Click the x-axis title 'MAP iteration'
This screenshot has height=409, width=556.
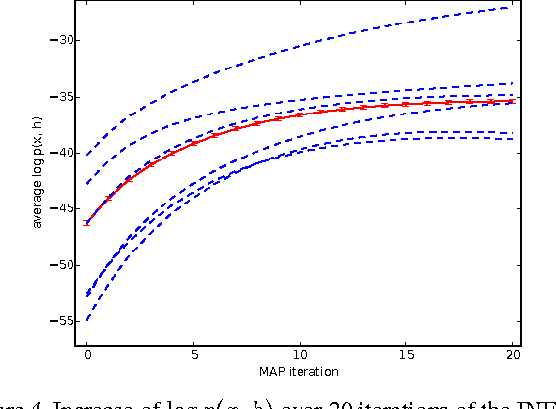[x=299, y=371]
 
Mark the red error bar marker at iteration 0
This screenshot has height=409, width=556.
[x=87, y=223]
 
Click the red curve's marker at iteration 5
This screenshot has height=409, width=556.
[x=194, y=143]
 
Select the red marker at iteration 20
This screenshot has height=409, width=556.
[x=511, y=100]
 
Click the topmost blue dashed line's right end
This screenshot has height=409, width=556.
[x=511, y=8]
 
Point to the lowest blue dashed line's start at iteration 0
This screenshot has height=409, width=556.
[x=87, y=319]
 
